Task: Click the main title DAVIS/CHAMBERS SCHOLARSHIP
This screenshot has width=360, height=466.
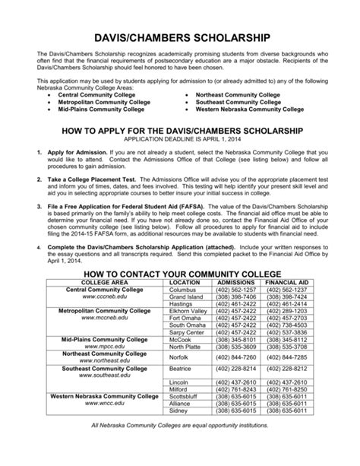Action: click(x=180, y=36)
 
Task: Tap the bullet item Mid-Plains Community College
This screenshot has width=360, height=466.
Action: click(x=101, y=109)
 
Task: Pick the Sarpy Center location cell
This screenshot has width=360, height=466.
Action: click(x=185, y=331)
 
